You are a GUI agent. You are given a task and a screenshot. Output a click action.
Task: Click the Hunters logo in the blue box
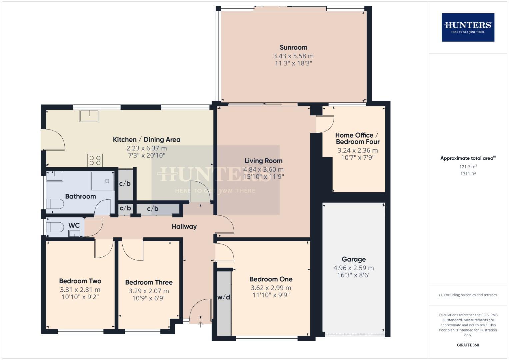tap(468, 27)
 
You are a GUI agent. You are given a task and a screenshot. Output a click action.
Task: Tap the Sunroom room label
tap(293, 47)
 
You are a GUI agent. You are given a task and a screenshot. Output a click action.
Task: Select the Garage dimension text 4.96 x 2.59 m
tap(354, 268)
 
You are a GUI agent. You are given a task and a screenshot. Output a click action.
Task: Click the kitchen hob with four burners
tap(95, 160)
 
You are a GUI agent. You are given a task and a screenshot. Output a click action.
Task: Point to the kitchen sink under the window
tap(89, 116)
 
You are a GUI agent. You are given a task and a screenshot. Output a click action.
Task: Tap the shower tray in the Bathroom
tap(103, 181)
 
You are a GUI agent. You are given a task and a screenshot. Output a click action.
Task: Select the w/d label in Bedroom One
tap(224, 297)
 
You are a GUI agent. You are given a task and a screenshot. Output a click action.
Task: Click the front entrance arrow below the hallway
tap(200, 323)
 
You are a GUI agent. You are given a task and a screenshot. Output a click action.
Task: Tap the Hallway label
tap(184, 227)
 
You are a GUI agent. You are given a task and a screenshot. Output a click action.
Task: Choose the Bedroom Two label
tap(80, 281)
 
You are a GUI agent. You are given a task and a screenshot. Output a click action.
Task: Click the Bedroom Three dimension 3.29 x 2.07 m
tap(149, 291)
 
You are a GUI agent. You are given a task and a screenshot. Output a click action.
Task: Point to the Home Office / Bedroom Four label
tap(357, 138)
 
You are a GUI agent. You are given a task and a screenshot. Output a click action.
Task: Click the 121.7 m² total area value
tap(468, 166)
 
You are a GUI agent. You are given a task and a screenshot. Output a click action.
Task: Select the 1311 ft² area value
tap(468, 174)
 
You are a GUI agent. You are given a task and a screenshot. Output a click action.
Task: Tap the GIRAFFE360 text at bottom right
tap(468, 345)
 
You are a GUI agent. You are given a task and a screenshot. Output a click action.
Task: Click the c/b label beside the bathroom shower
tap(125, 184)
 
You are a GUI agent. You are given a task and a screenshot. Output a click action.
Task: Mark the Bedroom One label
tap(271, 279)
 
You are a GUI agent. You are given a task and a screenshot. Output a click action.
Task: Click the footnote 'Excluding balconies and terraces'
tap(468, 295)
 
